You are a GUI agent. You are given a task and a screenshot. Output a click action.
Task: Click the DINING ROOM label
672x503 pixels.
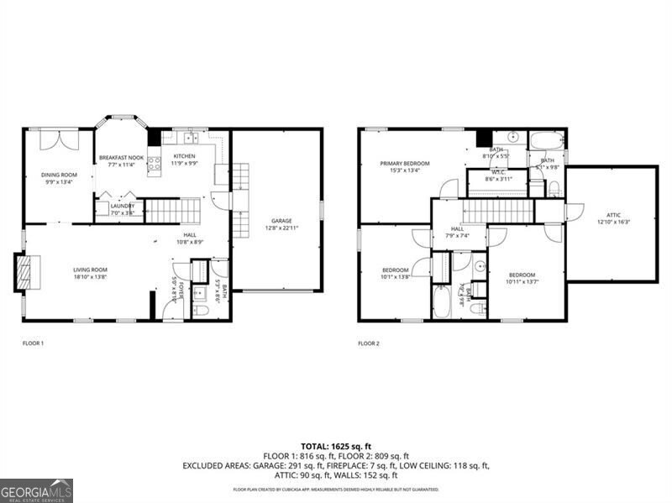coord(58,175)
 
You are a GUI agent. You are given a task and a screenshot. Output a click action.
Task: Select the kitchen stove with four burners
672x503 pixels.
coord(155,165)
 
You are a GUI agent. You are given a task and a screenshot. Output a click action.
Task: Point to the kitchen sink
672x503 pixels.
coord(190,138)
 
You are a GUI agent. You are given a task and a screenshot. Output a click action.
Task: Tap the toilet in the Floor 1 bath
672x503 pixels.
coord(201,311)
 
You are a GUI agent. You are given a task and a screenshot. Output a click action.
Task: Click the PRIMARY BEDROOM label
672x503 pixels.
coord(404,164)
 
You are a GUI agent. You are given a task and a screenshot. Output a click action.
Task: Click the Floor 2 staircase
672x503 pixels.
coord(486,211)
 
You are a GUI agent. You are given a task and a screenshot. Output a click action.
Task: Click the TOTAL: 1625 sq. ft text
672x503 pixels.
coord(335,445)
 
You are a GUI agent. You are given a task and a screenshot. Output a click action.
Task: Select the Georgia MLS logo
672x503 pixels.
coord(36,490)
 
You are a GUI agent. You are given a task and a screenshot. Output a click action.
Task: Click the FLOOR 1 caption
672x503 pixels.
coord(33,343)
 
